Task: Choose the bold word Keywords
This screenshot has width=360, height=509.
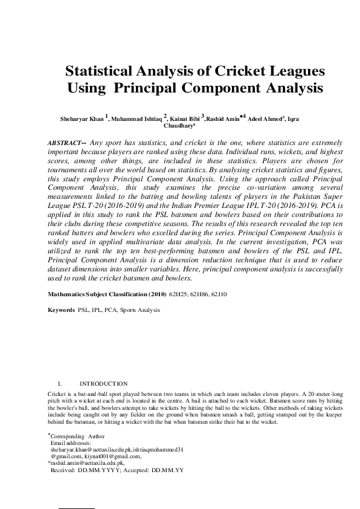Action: tap(61, 310)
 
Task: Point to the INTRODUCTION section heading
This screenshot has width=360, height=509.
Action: tap(103, 384)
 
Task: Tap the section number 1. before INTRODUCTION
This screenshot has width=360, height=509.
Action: tap(59, 384)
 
